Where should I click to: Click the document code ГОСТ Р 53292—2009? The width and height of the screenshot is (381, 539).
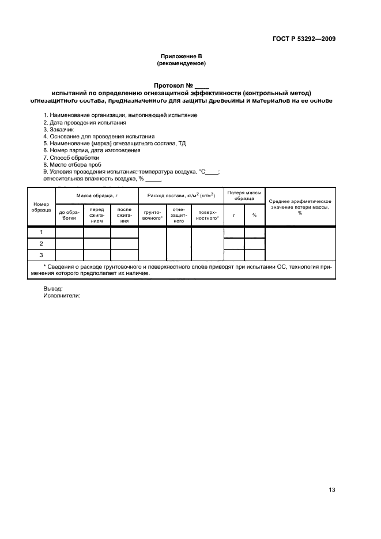coord(303,39)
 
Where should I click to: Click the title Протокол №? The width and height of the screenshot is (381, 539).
coord(181,85)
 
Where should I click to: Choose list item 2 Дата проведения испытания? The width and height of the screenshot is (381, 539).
coord(85,123)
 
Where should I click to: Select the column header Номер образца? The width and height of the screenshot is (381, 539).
coord(42,206)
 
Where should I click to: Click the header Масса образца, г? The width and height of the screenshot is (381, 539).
coord(97,196)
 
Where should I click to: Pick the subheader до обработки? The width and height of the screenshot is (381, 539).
coord(69,215)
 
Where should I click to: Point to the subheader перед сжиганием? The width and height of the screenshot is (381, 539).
coord(97,215)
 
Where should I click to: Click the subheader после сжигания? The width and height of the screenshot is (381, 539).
coord(125,215)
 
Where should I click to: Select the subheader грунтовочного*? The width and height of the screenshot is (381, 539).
coord(153,215)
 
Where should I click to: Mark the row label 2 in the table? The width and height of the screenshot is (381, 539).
coord(42,244)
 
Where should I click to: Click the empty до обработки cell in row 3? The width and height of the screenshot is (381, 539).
coord(69,255)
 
